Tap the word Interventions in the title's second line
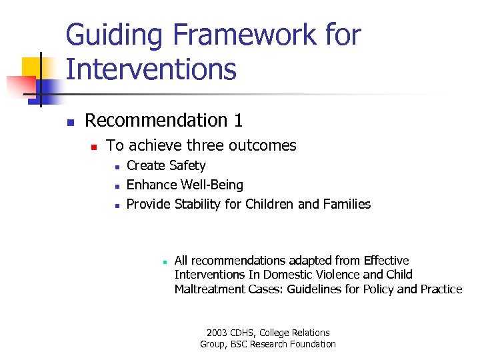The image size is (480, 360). click(x=151, y=69)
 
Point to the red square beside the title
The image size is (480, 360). click(x=20, y=85)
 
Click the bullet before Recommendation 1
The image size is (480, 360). click(x=69, y=122)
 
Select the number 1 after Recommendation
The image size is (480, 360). click(x=237, y=121)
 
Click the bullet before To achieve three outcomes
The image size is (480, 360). click(x=94, y=147)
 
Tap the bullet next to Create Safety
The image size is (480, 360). click(x=115, y=167)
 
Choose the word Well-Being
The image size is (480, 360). click(x=211, y=185)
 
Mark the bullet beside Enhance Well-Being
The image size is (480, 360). click(x=115, y=186)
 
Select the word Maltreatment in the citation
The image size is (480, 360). click(x=207, y=289)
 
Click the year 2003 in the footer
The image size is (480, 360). click(x=217, y=333)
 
